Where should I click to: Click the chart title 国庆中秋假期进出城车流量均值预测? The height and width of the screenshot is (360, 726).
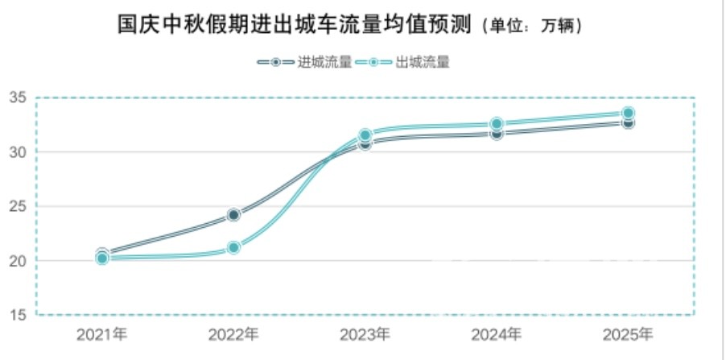click(296, 24)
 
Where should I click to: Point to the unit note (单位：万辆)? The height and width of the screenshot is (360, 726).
click(532, 27)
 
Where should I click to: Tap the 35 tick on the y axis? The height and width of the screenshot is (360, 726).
click(19, 98)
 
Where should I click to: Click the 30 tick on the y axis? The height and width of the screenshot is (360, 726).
click(19, 152)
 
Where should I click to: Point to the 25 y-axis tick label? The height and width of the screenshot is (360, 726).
click(19, 207)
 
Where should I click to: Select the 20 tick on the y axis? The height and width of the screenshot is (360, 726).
click(19, 261)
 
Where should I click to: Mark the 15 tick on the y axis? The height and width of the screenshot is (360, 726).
click(19, 315)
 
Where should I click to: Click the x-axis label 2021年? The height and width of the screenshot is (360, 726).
click(102, 333)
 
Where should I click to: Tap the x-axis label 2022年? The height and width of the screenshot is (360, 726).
click(233, 333)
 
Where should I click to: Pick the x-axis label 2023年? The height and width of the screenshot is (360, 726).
click(365, 333)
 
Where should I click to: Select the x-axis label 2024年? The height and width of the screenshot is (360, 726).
click(497, 333)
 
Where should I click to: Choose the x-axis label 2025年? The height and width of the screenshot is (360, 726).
click(628, 333)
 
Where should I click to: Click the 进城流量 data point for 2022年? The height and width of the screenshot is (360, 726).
click(233, 215)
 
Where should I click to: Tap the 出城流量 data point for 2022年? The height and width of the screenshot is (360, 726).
click(233, 247)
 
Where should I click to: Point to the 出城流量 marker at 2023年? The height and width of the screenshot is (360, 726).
click(365, 135)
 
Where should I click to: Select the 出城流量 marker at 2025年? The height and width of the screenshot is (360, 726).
click(628, 114)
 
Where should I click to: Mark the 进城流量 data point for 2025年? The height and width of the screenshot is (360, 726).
click(628, 122)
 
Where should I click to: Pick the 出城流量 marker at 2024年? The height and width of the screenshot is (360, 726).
click(497, 124)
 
